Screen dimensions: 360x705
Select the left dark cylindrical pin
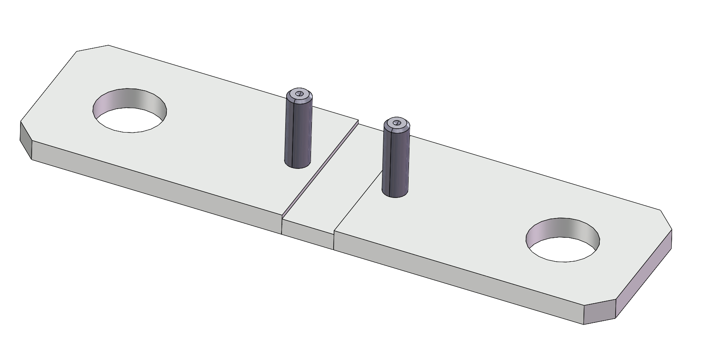(298, 133)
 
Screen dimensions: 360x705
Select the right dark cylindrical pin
(396, 162)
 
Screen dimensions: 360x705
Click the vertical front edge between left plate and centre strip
(282, 224)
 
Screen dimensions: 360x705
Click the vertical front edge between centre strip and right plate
(334, 240)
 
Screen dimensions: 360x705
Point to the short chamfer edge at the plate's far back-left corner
(92, 48)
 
